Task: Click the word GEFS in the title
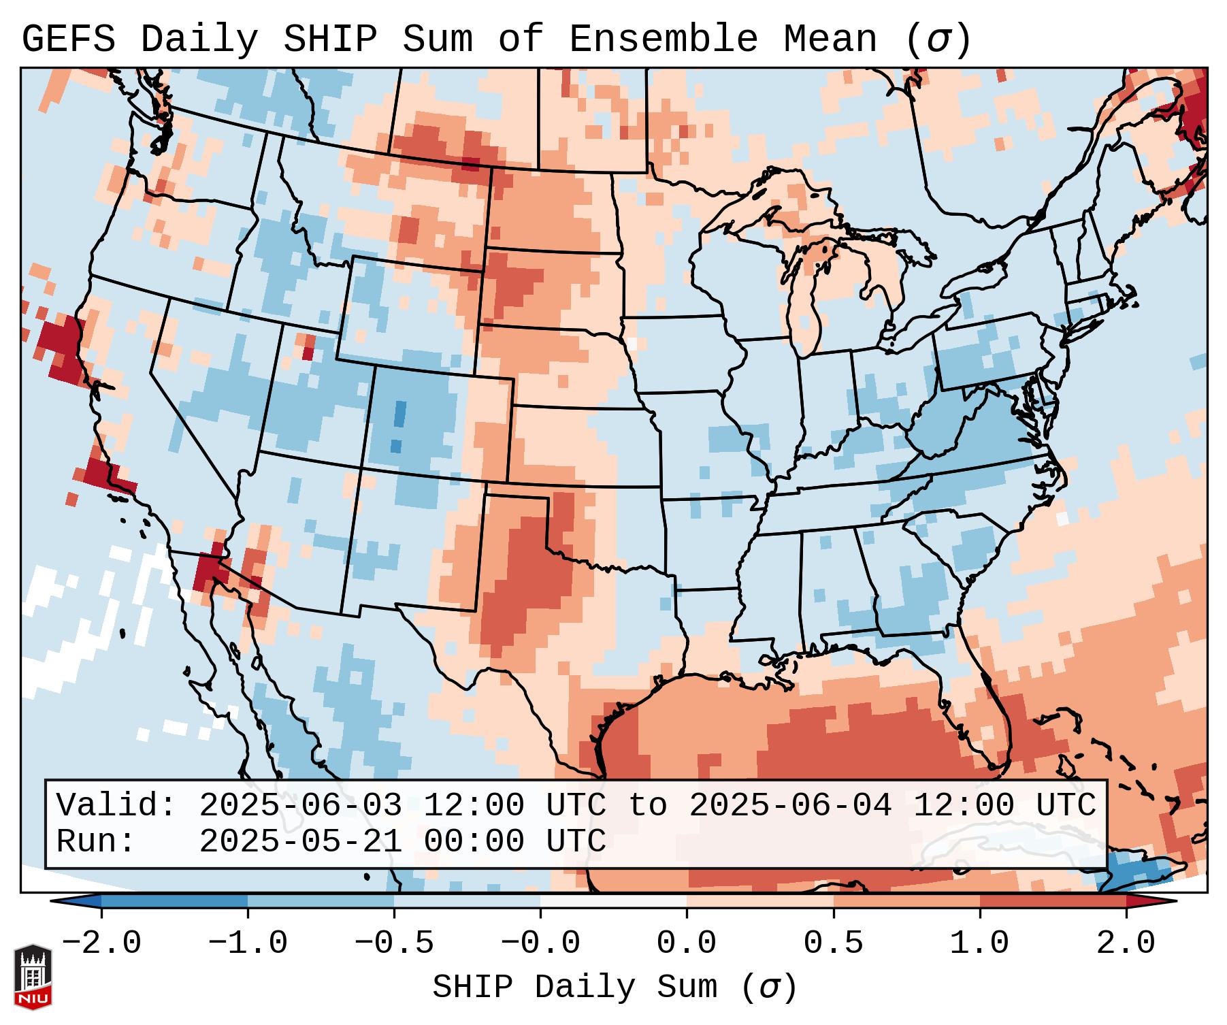68,39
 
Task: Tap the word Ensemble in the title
663,39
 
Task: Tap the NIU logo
33,977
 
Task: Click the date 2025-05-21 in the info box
300,842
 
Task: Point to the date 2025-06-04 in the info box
790,806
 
